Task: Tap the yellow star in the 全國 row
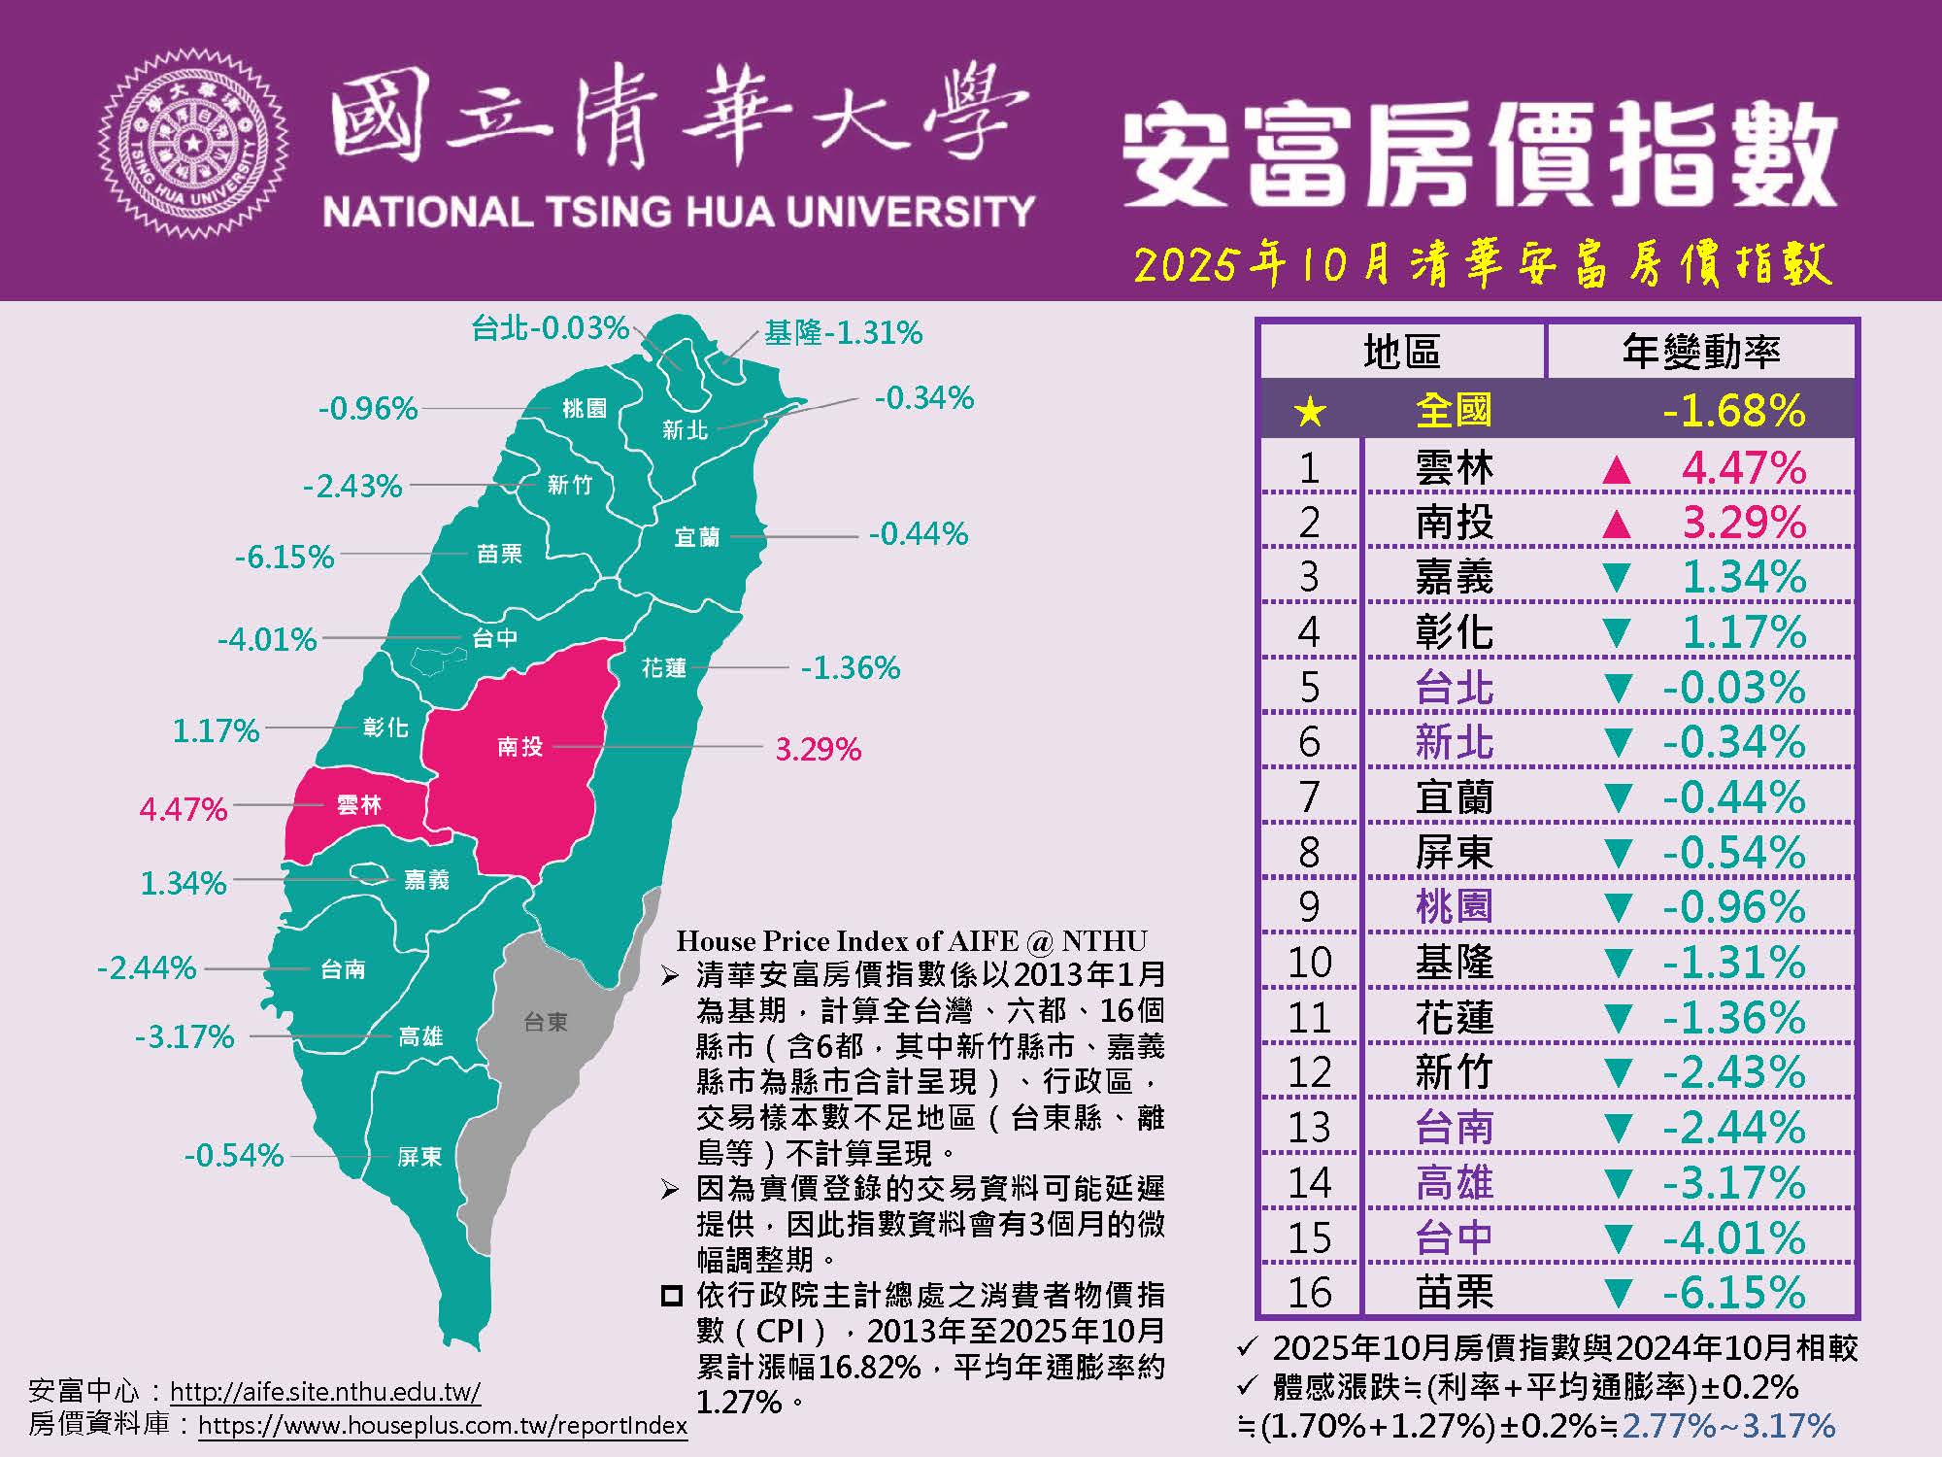pos(1310,412)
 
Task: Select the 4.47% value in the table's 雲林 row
pos(1744,469)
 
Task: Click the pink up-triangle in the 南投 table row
pos(1616,525)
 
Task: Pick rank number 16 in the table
pos(1309,1293)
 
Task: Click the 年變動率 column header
pos(1701,351)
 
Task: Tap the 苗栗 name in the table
pos(1454,1293)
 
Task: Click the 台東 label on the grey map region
pos(546,1022)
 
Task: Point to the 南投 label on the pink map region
pos(520,746)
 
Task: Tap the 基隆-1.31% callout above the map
pos(843,333)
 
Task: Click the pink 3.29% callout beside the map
pos(818,750)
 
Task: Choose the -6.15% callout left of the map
pos(285,558)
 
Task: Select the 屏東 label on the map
pos(419,1156)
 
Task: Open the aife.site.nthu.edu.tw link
pos(325,1391)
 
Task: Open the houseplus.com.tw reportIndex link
pos(443,1426)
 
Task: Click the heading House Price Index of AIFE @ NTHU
pos(912,940)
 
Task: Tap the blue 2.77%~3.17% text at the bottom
pos(1728,1425)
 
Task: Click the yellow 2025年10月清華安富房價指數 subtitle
pos(1483,264)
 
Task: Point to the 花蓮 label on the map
pos(664,668)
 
